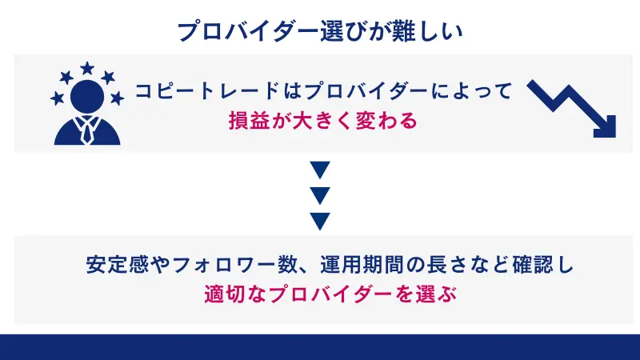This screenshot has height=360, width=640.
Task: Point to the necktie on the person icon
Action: pyautogui.click(x=87, y=130)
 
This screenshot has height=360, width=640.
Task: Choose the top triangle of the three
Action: pyautogui.click(x=320, y=170)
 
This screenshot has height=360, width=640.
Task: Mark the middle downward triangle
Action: pyautogui.click(x=320, y=194)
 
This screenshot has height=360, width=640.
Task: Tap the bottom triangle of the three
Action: pyautogui.click(x=320, y=219)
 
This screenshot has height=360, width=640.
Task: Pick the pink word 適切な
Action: pyautogui.click(x=226, y=294)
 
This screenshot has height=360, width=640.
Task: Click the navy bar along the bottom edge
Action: pyautogui.click(x=320, y=347)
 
